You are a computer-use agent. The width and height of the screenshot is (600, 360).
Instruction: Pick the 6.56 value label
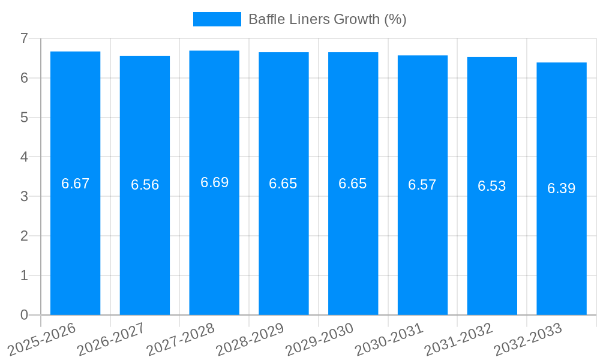click(145, 185)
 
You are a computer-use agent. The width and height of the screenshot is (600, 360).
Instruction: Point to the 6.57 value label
click(422, 185)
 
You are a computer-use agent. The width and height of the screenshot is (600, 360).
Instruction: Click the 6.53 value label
click(492, 186)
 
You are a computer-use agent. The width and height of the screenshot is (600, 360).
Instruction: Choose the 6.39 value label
click(562, 188)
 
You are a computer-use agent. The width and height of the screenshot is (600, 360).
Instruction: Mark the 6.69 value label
click(214, 182)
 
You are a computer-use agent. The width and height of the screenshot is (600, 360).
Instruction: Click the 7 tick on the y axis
click(24, 38)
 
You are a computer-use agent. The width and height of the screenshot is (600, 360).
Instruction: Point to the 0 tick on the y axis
click(24, 315)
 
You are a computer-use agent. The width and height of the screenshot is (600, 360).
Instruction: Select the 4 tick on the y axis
click(24, 157)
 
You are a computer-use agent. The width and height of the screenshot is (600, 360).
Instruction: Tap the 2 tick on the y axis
click(24, 236)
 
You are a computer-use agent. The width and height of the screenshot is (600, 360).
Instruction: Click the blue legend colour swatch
click(217, 19)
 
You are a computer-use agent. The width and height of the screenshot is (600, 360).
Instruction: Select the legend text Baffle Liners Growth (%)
click(328, 19)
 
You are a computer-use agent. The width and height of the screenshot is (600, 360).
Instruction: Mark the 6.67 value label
click(75, 184)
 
